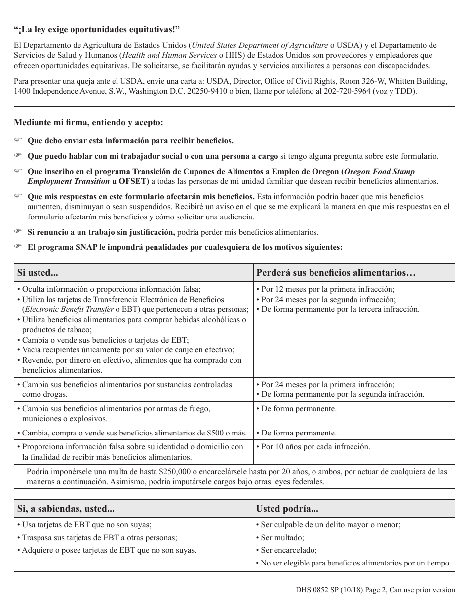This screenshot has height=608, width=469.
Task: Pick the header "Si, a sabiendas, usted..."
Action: [x=66, y=509]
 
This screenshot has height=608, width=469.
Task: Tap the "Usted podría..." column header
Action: [x=286, y=509]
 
